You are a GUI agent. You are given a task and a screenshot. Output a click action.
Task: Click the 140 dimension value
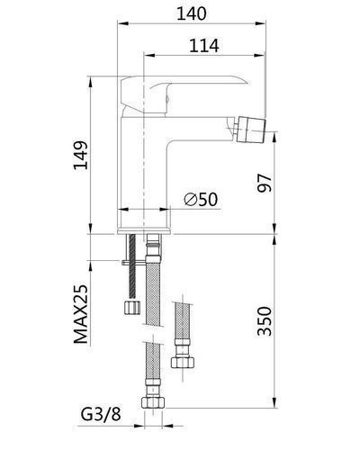(x=192, y=13)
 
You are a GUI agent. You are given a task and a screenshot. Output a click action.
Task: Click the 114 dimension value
(x=204, y=46)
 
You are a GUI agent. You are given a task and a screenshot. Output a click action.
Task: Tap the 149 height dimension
(x=81, y=155)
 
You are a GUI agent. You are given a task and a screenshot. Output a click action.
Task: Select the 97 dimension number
(x=265, y=183)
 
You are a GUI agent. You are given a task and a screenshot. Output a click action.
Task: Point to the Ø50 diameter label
(x=201, y=199)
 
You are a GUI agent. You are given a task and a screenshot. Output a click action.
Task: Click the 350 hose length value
(x=265, y=321)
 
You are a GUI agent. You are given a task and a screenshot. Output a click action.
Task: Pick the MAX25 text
(x=81, y=314)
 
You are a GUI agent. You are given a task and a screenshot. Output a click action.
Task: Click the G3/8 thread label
(x=101, y=415)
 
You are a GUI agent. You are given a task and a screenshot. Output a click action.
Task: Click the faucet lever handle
(x=180, y=90)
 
